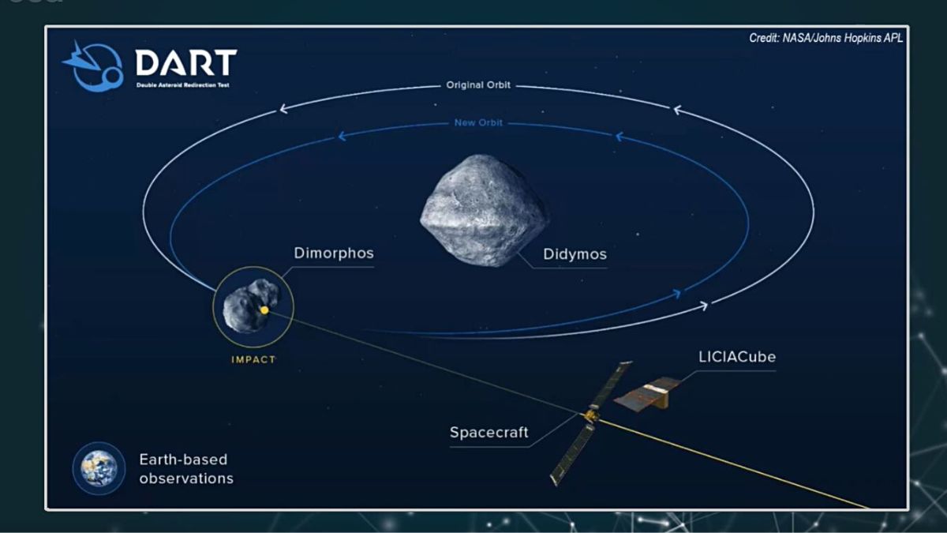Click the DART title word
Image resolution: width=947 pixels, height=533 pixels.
pos(186,62)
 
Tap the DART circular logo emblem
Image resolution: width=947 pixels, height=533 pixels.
pos(94,66)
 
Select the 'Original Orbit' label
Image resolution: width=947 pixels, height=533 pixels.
pos(478,85)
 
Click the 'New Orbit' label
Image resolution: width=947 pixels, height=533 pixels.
pos(478,122)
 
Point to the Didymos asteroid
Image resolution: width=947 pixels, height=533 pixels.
pos(484,210)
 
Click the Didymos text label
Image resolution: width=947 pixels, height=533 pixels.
pos(575,254)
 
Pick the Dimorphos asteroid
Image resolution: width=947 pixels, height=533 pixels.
pos(251,305)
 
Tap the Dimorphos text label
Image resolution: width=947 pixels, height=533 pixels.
pos(334,253)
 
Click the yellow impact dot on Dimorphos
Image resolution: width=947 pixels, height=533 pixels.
pos(264,310)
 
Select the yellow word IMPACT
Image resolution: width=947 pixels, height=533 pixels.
pos(253,359)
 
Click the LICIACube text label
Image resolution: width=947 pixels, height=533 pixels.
pos(737,357)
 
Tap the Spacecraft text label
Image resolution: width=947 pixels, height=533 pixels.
pos(488,433)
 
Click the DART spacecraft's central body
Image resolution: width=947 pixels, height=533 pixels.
pos(591,415)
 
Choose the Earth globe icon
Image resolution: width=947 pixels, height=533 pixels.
pos(99,468)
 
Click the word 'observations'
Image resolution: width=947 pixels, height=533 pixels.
pos(186,479)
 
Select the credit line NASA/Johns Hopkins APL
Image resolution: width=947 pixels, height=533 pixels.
pos(825,38)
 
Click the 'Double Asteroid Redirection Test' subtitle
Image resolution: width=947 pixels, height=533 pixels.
pos(182,85)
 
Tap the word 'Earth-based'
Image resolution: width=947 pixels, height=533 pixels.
pos(183,460)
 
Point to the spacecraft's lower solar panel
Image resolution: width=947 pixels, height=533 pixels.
pos(572,454)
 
